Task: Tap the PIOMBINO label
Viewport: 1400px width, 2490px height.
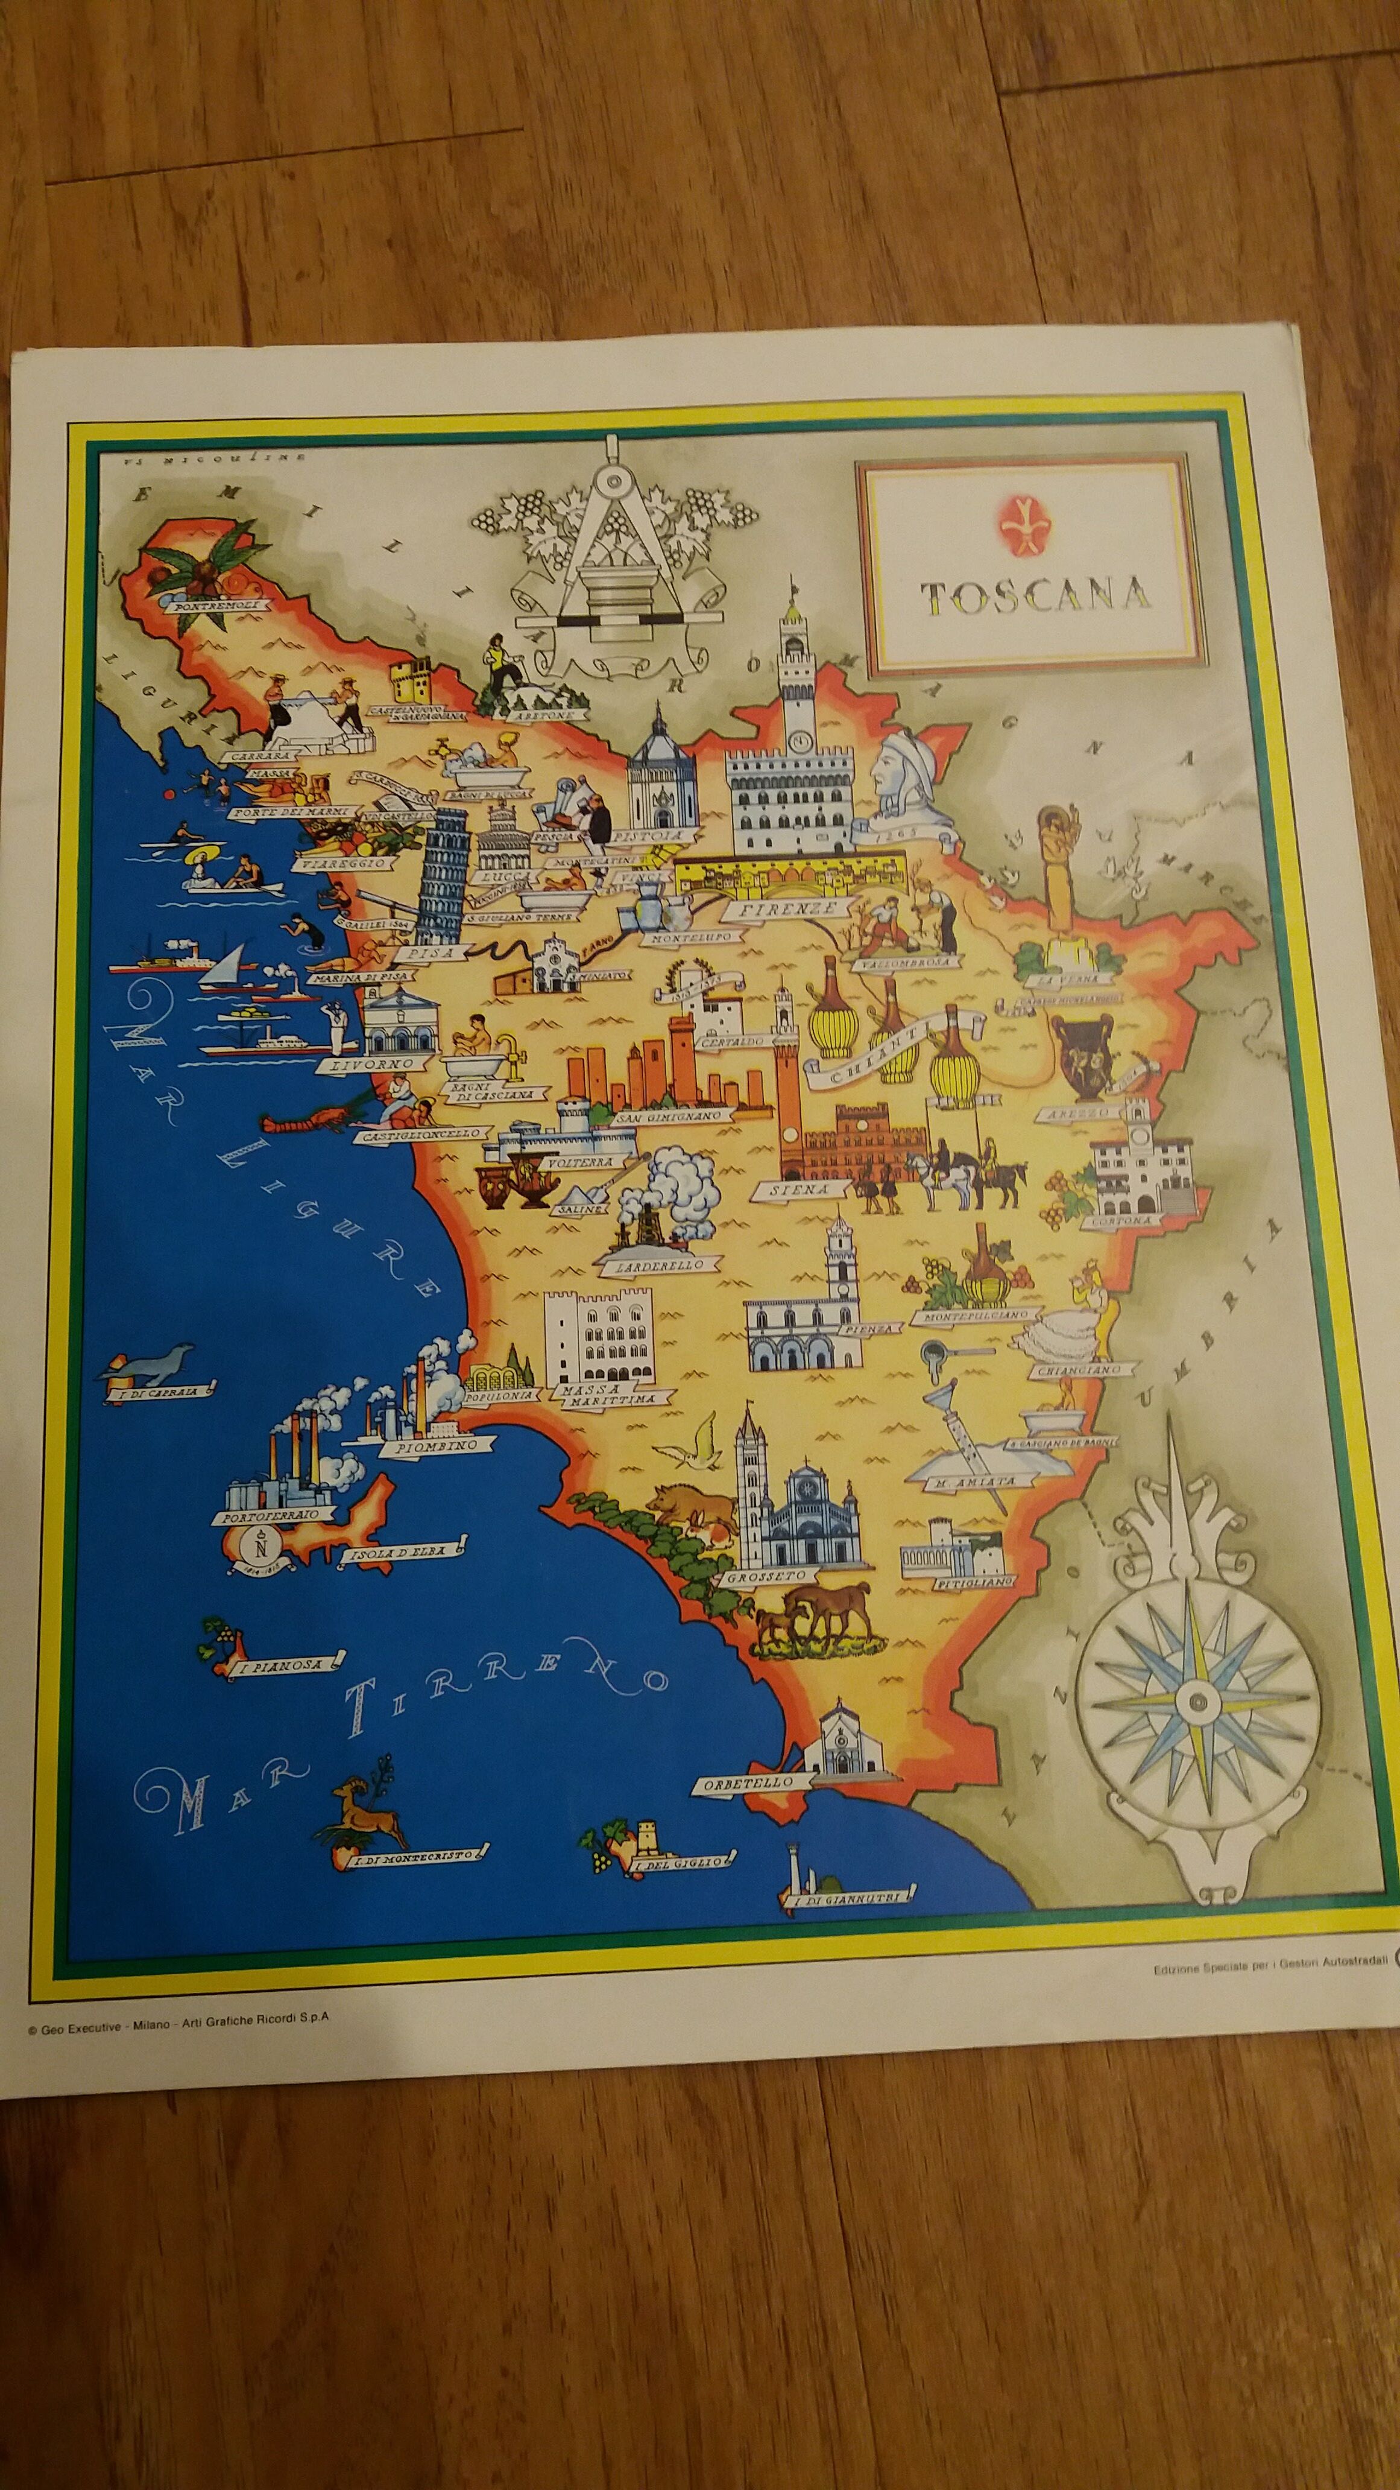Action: (x=440, y=1447)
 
